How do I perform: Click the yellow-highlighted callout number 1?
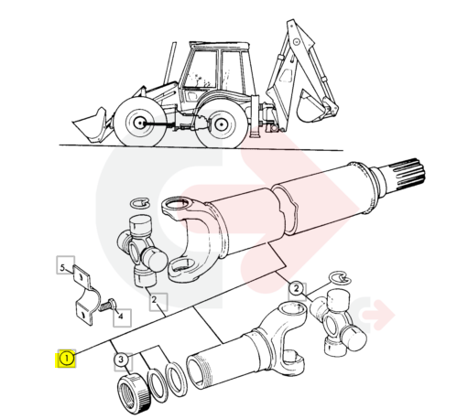[x=66, y=359]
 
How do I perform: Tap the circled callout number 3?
[x=121, y=360]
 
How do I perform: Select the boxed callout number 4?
[x=122, y=317]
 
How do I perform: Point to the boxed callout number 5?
[x=63, y=268]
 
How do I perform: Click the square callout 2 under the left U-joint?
[x=155, y=300]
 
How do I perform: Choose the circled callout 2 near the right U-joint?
[x=296, y=288]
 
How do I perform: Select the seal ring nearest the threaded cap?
[x=158, y=384]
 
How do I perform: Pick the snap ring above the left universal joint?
[x=139, y=203]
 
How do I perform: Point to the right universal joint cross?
[x=337, y=323]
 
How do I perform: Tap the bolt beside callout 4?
[x=108, y=305]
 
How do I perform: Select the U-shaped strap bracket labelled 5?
[x=83, y=295]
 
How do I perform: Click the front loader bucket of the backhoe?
[x=90, y=125]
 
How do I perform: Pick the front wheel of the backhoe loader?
[x=140, y=122]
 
